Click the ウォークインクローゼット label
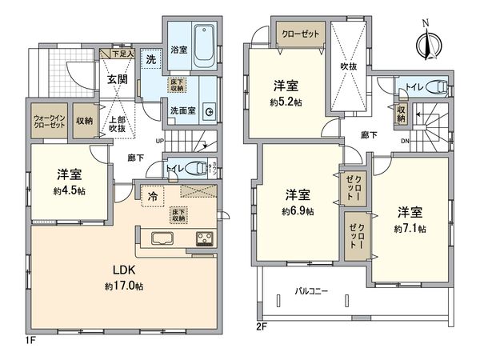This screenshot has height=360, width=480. [49, 122]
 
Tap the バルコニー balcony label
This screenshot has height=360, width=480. [312, 293]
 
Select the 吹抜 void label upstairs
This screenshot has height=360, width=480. [349, 68]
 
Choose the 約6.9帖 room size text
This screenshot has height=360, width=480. [298, 211]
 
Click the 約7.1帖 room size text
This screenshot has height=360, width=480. [410, 229]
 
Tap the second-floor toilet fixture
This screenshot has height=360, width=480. [433, 87]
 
